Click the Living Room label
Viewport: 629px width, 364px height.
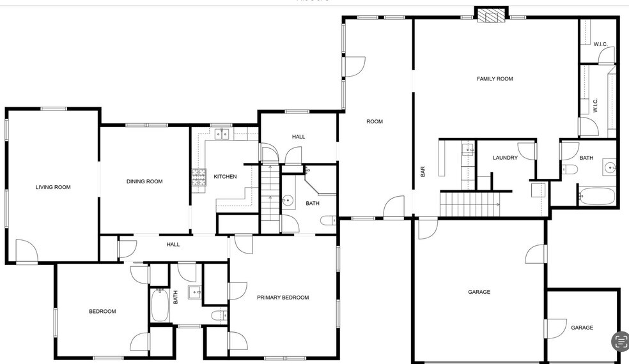53,187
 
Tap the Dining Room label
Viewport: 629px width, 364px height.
144,181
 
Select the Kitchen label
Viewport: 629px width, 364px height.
225,176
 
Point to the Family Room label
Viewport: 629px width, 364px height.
495,79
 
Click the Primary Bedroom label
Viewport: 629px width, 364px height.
283,298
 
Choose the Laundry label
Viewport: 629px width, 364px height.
505,158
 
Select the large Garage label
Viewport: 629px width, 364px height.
479,292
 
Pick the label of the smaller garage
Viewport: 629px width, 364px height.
582,328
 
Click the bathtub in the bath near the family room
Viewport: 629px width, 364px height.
597,195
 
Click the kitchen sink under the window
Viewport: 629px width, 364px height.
222,133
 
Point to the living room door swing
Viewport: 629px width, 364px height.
26,250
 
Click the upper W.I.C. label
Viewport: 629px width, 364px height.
600,44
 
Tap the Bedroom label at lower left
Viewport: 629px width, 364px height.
102,311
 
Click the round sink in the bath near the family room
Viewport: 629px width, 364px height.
610,168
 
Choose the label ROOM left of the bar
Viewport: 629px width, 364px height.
375,121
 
